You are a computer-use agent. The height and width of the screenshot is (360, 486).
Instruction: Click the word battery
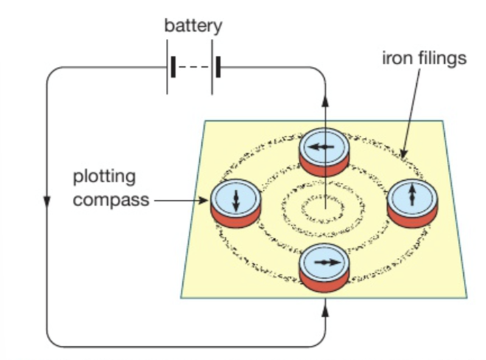click(192, 26)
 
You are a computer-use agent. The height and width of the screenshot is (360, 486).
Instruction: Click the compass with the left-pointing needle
click(322, 150)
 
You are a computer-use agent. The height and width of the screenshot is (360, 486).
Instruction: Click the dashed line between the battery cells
click(195, 69)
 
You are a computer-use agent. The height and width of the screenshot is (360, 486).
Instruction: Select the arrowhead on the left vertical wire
click(47, 202)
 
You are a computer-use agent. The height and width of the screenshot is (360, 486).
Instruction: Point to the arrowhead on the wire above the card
click(324, 101)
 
